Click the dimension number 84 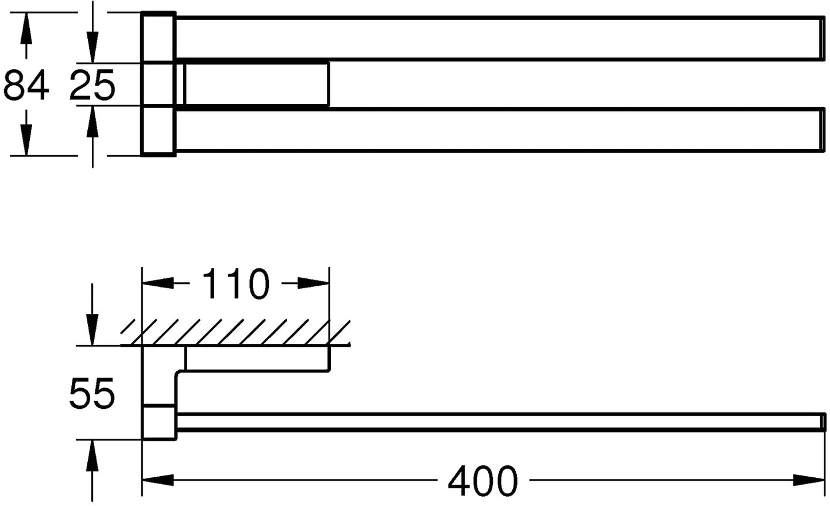click(26, 85)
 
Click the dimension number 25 click(92, 85)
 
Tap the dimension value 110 click(236, 284)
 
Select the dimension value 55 click(92, 393)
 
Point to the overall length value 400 click(483, 481)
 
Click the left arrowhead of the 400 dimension click(158, 480)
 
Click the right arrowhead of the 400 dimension click(809, 480)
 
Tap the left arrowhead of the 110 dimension click(158, 283)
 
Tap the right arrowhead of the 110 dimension click(314, 283)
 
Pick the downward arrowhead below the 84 click(26, 140)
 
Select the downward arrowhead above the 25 click(92, 47)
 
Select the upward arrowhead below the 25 click(92, 121)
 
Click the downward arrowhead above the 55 click(92, 329)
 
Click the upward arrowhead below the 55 click(92, 455)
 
